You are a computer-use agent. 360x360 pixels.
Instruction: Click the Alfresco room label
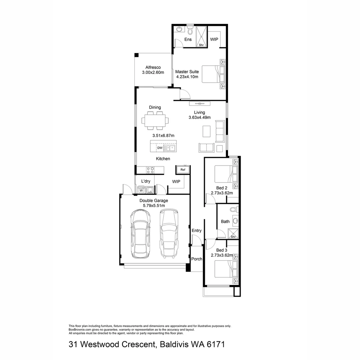[153, 67]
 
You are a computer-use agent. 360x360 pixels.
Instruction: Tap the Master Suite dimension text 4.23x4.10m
[187, 77]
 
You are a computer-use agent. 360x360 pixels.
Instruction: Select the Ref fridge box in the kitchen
[183, 170]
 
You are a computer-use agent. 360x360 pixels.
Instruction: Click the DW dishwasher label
[160, 148]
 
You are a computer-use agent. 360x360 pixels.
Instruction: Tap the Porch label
[197, 259]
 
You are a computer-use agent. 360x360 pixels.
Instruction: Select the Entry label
[197, 231]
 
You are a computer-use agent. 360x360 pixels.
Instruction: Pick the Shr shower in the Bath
[233, 234]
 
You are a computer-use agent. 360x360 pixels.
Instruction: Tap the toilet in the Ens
[190, 31]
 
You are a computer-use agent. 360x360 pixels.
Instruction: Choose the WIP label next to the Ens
[214, 39]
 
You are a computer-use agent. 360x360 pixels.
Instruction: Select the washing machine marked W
[141, 191]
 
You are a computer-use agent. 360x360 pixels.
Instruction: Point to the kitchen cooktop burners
[150, 170]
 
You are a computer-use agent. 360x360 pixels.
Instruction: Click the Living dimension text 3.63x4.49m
[200, 117]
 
